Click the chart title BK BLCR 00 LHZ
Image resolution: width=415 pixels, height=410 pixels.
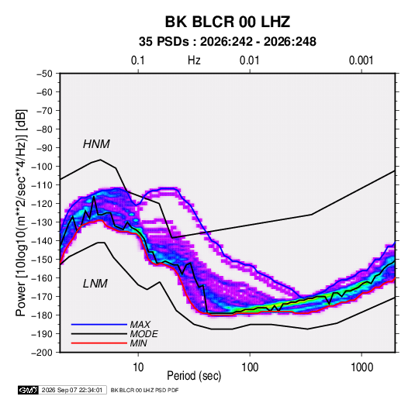click(227, 22)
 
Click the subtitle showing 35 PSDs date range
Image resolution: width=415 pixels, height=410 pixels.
click(227, 42)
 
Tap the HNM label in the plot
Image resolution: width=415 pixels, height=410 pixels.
click(96, 144)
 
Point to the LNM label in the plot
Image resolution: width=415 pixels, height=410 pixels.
click(95, 284)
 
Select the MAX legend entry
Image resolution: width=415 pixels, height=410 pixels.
click(140, 324)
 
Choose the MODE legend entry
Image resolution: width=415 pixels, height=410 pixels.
click(144, 334)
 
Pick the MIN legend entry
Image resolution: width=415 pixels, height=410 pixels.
click(138, 343)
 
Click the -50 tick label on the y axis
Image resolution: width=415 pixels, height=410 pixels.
click(44, 74)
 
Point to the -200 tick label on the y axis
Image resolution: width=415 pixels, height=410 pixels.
click(42, 353)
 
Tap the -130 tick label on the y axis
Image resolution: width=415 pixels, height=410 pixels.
click(42, 222)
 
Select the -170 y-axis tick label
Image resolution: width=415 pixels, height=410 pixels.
click(42, 297)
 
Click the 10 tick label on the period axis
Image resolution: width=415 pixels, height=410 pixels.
click(138, 367)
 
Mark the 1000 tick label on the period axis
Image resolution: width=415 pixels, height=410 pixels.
click(361, 367)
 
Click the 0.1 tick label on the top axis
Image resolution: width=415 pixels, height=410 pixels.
click(138, 60)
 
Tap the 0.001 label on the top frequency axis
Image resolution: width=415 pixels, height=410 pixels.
click(361, 60)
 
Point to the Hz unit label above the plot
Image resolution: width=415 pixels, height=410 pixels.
click(194, 60)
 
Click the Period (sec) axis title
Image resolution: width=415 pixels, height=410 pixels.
click(194, 376)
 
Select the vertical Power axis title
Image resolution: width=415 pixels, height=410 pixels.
click(21, 212)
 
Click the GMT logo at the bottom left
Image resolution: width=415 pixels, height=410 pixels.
click(28, 390)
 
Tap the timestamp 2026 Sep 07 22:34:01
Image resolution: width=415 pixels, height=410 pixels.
click(72, 390)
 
